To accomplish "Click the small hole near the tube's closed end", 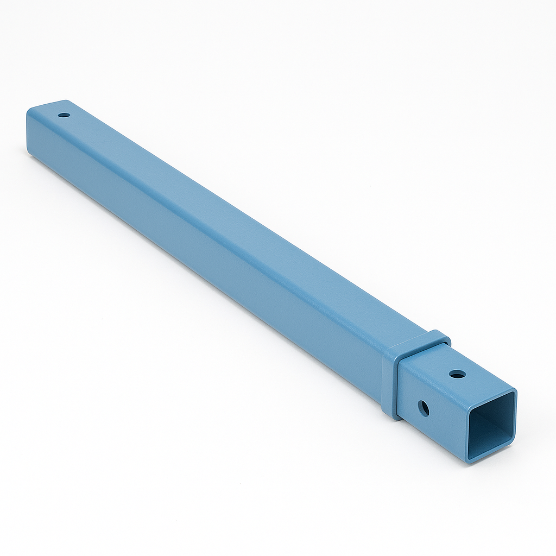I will click(64, 115).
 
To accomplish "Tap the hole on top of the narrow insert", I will click(457, 374).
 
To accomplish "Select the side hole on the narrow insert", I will click(424, 408).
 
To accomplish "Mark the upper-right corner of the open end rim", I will click(513, 393).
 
